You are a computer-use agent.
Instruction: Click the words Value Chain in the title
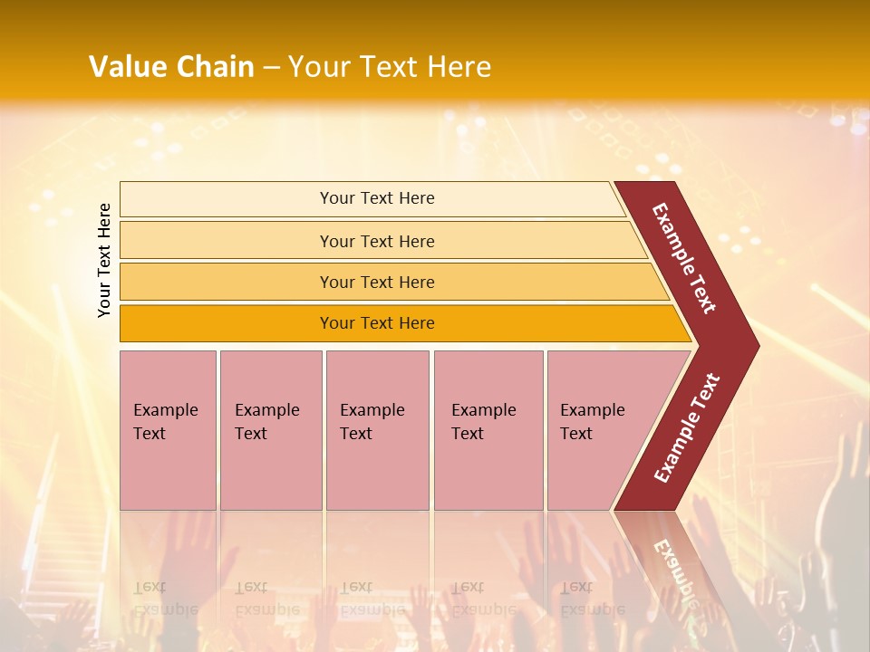point(171,67)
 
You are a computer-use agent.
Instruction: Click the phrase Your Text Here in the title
point(390,67)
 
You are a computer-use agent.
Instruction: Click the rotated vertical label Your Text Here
point(105,260)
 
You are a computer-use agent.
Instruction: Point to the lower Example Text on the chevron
point(686,428)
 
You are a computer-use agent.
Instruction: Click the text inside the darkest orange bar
point(377,323)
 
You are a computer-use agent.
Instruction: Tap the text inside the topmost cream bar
point(377,198)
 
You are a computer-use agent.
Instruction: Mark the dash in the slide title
point(271,68)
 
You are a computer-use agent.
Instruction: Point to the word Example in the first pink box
point(165,410)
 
